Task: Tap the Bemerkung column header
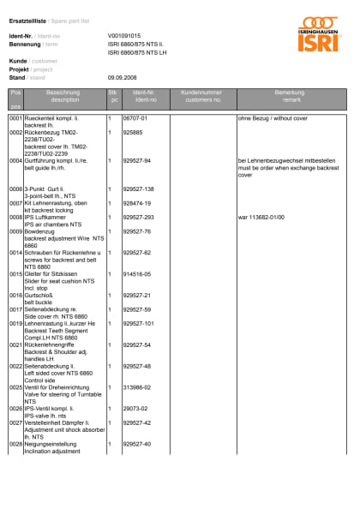[x=289, y=96]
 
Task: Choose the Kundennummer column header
[x=202, y=96]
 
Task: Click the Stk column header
[x=112, y=96]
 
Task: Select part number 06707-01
[x=136, y=117]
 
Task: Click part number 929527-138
[x=139, y=189]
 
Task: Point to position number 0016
[x=15, y=295]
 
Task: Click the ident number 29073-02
[x=135, y=408]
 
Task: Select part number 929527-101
[x=139, y=323]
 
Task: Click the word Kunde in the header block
[x=17, y=62]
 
